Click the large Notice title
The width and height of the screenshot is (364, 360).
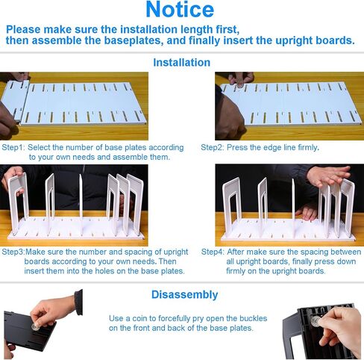pyautogui.click(x=180, y=10)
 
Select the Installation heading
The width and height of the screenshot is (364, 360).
pyautogui.click(x=182, y=63)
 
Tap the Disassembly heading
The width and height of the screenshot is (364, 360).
pyautogui.click(x=185, y=294)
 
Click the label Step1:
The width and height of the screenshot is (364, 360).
pyautogui.click(x=13, y=147)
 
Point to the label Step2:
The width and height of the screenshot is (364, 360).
pyautogui.click(x=213, y=147)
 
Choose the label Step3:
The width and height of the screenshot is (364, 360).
pyautogui.click(x=13, y=252)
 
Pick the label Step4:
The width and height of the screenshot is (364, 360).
pyautogui.click(x=213, y=252)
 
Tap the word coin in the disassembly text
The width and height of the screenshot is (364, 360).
pyautogui.click(x=137, y=318)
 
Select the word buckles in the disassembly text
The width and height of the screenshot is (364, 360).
pyautogui.click(x=254, y=318)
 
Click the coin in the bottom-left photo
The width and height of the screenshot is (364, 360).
pyautogui.click(x=35, y=326)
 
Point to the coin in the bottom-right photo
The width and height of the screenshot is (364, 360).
pyautogui.click(x=316, y=320)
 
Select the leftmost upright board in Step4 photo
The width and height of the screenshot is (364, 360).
pyautogui.click(x=232, y=207)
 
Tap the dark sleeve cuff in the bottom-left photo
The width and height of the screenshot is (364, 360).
pyautogui.click(x=78, y=302)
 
